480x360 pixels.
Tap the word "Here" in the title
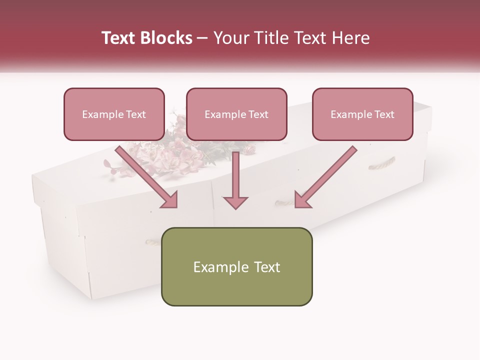tap(350, 38)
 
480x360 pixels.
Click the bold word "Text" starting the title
tap(120, 38)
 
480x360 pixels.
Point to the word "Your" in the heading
tap(230, 38)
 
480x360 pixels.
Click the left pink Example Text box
tap(114, 114)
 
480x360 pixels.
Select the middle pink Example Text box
tap(236, 114)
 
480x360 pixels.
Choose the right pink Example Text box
tap(362, 114)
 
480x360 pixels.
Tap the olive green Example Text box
tap(236, 266)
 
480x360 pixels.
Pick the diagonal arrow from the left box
tap(148, 177)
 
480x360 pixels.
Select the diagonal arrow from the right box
tap(325, 177)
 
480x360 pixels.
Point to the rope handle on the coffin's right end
tap(382, 163)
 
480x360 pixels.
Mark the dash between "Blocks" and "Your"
tap(202, 38)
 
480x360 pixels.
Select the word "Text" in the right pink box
tap(384, 114)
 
